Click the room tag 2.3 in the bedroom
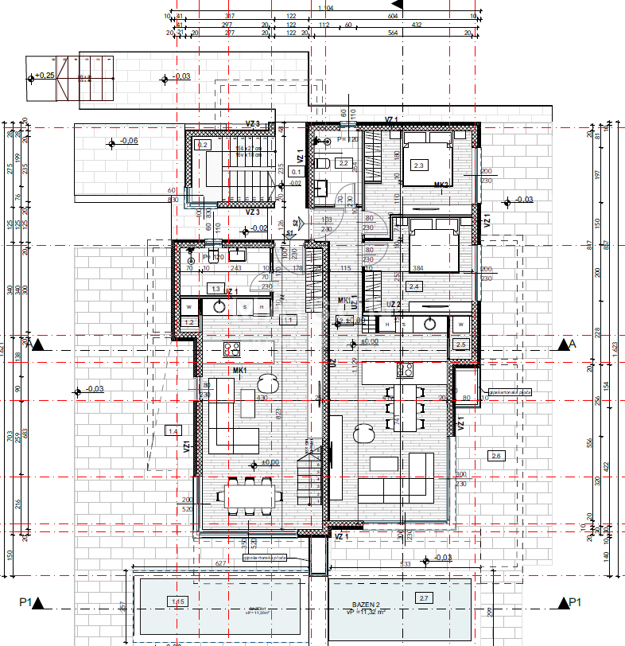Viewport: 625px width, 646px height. click(420, 165)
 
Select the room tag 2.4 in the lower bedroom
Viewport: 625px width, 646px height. click(413, 286)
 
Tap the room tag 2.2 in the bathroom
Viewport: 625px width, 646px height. click(344, 163)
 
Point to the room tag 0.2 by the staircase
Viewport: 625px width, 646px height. click(203, 146)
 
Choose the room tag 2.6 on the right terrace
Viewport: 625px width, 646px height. click(497, 455)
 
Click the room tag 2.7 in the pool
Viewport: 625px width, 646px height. click(423, 597)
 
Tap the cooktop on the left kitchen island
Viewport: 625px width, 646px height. click(232, 348)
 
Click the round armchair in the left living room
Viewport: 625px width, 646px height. click(264, 384)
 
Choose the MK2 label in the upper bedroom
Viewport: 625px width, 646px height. click(442, 185)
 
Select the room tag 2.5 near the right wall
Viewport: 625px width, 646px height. click(462, 344)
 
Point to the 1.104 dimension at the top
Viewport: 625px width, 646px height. click(325, 8)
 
